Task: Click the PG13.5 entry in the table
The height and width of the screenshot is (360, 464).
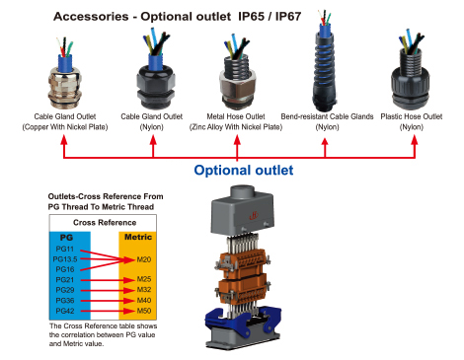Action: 65,259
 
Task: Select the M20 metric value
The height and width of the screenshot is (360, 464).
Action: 144,259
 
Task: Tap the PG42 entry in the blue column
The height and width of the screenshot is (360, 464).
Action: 65,311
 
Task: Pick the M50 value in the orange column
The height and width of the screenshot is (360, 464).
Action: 144,311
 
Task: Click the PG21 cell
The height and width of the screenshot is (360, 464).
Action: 65,280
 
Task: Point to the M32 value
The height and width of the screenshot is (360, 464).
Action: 144,290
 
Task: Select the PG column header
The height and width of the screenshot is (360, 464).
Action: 66,238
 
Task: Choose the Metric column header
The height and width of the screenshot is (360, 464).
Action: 138,237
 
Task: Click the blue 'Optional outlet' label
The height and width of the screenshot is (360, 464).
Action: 244,171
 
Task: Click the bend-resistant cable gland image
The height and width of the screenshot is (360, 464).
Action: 324,62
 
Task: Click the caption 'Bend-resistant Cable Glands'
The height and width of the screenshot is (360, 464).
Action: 327,116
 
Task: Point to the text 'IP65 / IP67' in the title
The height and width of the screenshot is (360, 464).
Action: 270,17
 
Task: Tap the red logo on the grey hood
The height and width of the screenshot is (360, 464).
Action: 254,216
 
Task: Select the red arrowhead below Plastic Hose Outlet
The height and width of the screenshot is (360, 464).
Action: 415,140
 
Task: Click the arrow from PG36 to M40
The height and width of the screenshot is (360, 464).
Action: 108,301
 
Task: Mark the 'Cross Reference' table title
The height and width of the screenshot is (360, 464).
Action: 105,223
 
